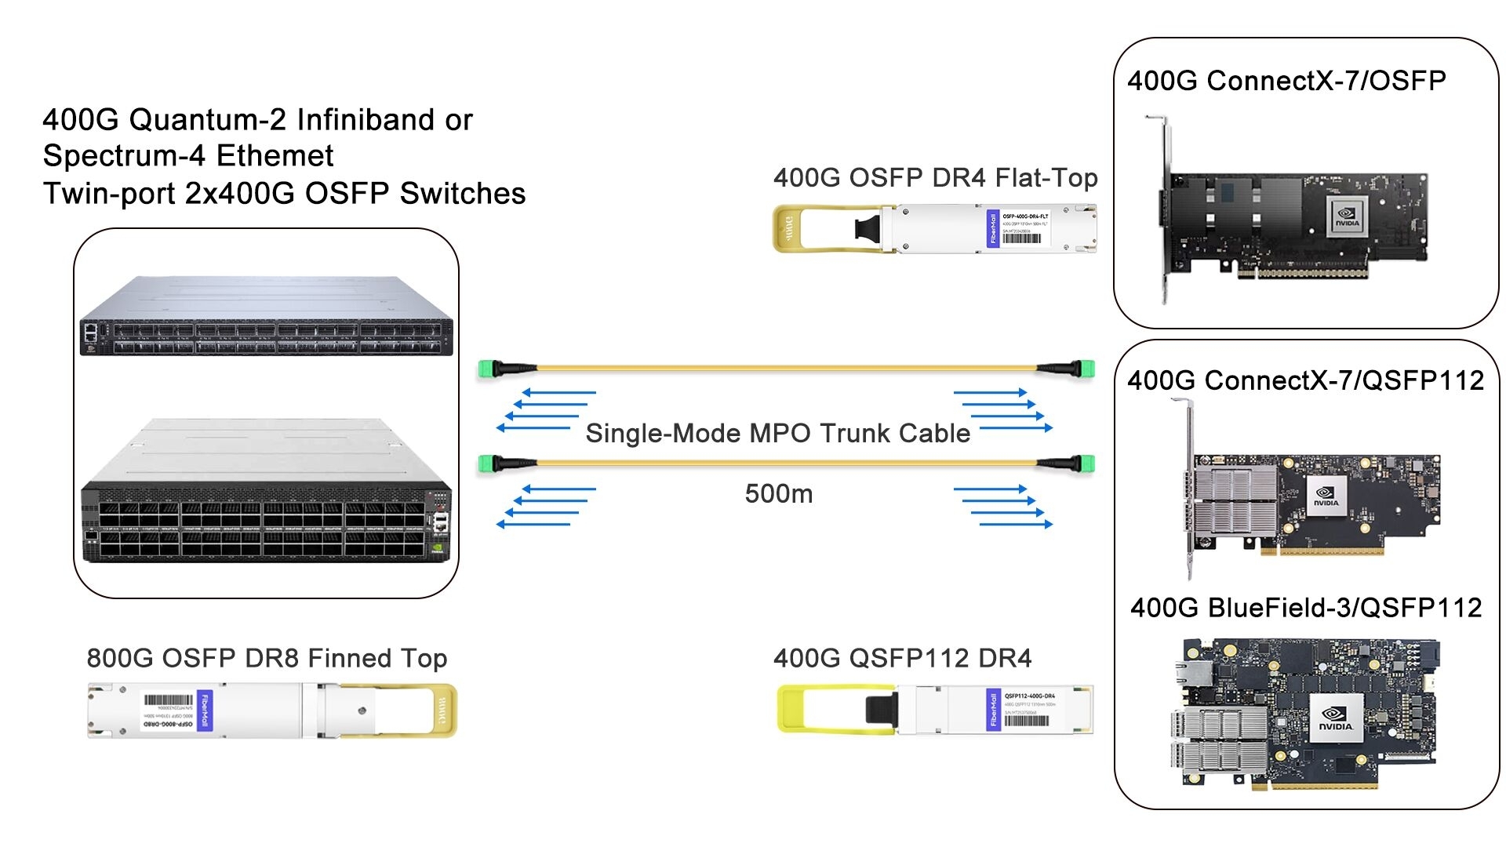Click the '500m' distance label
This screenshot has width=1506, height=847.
[x=778, y=493]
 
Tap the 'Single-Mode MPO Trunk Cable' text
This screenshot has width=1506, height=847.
[x=777, y=433]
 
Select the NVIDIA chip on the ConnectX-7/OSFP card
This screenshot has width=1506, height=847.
[x=1347, y=216]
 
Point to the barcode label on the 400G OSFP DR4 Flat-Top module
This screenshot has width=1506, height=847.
[x=1022, y=238]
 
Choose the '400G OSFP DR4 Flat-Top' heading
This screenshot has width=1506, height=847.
[x=935, y=178]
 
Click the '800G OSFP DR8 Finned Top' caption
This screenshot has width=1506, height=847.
[x=267, y=658]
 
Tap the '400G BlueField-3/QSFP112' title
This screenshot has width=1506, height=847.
[x=1306, y=608]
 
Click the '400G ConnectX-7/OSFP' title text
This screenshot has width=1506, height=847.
[x=1286, y=81]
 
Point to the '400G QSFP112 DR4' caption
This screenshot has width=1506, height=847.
[x=902, y=658]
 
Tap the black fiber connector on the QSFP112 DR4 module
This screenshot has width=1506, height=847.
[x=881, y=709]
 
